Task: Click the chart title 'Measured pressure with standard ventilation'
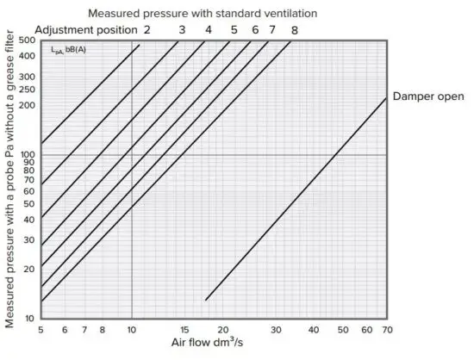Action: (x=203, y=13)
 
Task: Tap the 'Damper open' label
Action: (x=428, y=95)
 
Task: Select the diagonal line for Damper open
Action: (x=297, y=198)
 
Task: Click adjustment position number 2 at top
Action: (x=147, y=29)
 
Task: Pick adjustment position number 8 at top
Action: (x=294, y=29)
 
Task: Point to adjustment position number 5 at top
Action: (x=234, y=29)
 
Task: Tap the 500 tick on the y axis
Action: (x=27, y=40)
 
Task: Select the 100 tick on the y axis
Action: (x=27, y=155)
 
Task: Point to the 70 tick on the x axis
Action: (x=387, y=330)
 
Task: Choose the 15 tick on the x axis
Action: (x=184, y=330)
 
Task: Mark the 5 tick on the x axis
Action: (x=41, y=330)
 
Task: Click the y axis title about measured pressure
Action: (x=9, y=181)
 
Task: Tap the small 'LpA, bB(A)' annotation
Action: (x=62, y=50)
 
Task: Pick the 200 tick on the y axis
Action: (x=27, y=105)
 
